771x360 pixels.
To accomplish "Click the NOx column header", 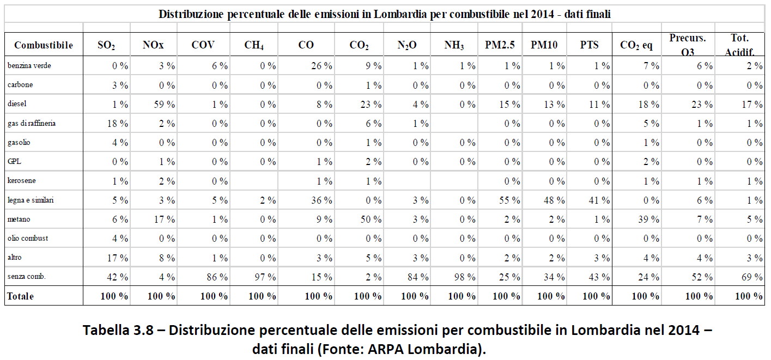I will (153, 45).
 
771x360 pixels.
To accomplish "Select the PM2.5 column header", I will (500, 45).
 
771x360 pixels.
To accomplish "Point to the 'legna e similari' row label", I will (31, 200).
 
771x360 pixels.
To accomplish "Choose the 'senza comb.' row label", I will (27, 277).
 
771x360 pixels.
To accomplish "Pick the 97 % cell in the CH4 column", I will (265, 277).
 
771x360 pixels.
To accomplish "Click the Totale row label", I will (20, 296).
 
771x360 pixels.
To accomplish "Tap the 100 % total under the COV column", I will (215, 296).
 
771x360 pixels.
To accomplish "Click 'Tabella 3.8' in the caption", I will (119, 331).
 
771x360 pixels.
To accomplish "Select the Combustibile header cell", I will (44, 45).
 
